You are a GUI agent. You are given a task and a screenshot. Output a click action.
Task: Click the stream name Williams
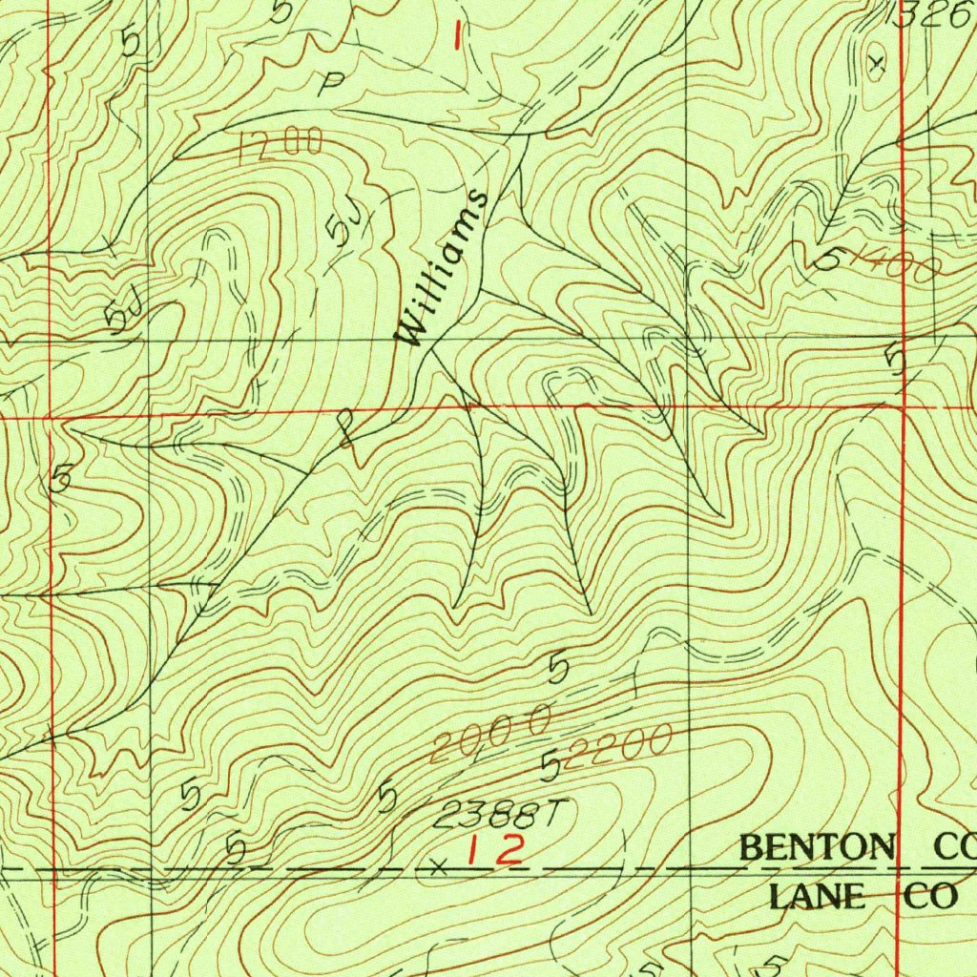pyautogui.click(x=443, y=268)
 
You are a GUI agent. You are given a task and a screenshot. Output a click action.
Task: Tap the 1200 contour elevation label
pyautogui.click(x=281, y=146)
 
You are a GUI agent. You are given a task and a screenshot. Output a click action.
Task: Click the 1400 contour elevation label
pyautogui.click(x=892, y=264)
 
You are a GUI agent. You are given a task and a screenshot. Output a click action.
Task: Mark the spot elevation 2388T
pyautogui.click(x=500, y=814)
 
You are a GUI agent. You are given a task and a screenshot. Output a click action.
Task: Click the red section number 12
pyautogui.click(x=495, y=849)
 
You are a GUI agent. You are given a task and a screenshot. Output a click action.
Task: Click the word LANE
pyautogui.click(x=814, y=896)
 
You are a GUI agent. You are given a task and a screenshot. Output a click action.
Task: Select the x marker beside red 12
pyautogui.click(x=438, y=866)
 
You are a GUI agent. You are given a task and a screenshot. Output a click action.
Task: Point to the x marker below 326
pyautogui.click(x=878, y=64)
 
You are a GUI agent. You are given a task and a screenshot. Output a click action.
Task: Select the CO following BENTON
pyautogui.click(x=953, y=846)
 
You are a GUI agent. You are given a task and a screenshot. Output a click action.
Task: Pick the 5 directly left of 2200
pyautogui.click(x=551, y=765)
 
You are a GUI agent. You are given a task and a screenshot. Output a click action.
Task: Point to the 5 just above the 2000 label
pyautogui.click(x=559, y=669)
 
